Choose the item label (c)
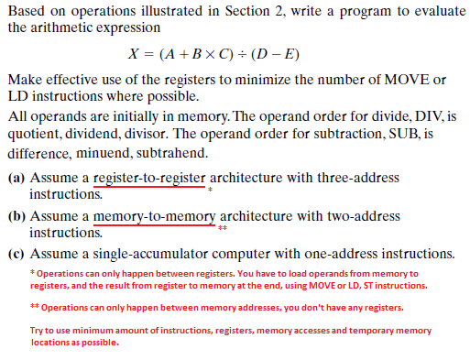[x=16, y=253]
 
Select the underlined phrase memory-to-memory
[x=155, y=216]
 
